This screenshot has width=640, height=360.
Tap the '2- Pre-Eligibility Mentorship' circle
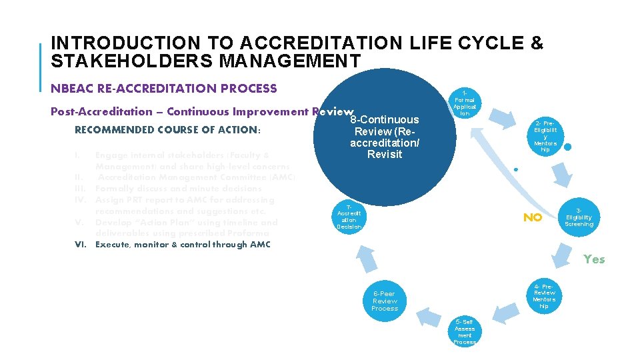(x=545, y=136)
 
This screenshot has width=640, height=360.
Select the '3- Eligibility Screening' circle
(x=579, y=217)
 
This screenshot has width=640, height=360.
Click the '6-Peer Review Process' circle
(x=385, y=301)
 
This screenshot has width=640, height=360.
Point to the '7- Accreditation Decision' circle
(x=349, y=217)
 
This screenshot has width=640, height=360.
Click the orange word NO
(x=532, y=217)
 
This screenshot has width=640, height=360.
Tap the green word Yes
(x=594, y=259)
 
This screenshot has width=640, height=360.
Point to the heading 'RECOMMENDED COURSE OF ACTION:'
(x=166, y=130)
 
